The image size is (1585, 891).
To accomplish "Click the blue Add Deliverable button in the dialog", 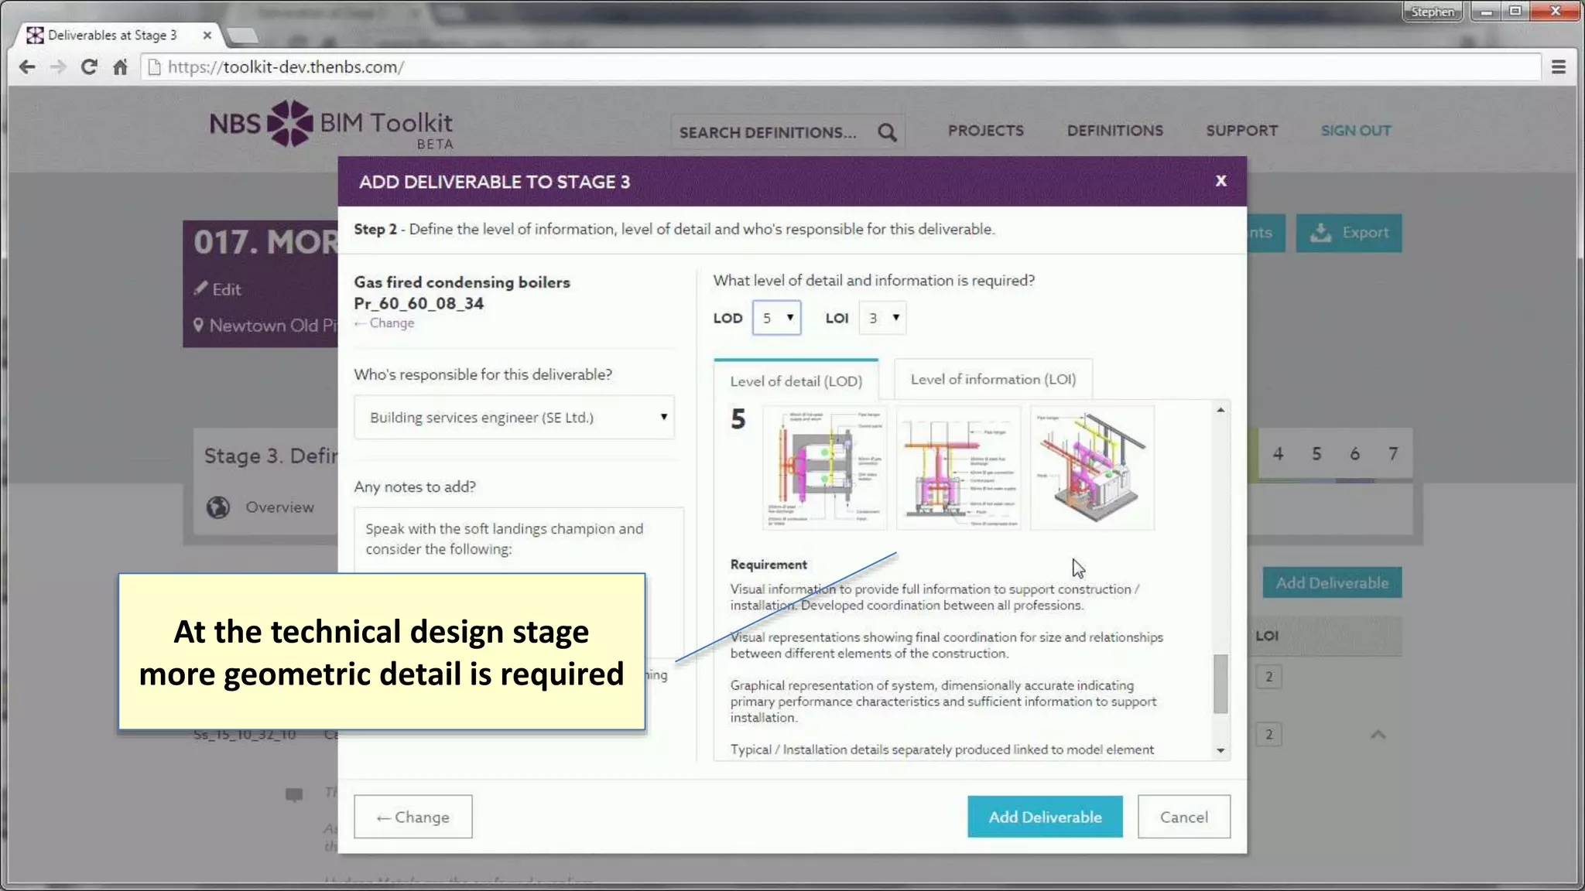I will pos(1044,817).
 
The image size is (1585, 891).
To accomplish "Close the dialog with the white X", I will pos(1220,181).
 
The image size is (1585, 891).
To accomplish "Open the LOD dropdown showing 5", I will pos(777,318).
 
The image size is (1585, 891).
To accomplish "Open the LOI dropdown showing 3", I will pos(882,318).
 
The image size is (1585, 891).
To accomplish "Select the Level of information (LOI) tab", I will pos(993,379).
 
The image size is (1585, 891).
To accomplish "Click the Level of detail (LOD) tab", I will pos(796,381).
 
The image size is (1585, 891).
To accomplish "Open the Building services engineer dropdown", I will pos(514,418).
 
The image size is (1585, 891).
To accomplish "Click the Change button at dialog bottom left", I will pos(413,817).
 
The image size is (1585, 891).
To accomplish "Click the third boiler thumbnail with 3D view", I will pos(1092,467).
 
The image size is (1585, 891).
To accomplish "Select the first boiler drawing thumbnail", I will pos(825,467).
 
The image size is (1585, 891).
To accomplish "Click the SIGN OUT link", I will pos(1355,131).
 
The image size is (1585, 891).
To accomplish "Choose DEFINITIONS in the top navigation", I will pos(1114,131).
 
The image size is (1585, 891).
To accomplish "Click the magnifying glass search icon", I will pos(887,132).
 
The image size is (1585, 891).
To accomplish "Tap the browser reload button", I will pos(89,67).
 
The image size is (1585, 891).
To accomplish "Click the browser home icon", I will pos(120,67).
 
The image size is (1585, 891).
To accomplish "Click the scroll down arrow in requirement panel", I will pos(1220,750).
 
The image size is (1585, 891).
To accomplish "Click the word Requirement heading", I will pos(769,565).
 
